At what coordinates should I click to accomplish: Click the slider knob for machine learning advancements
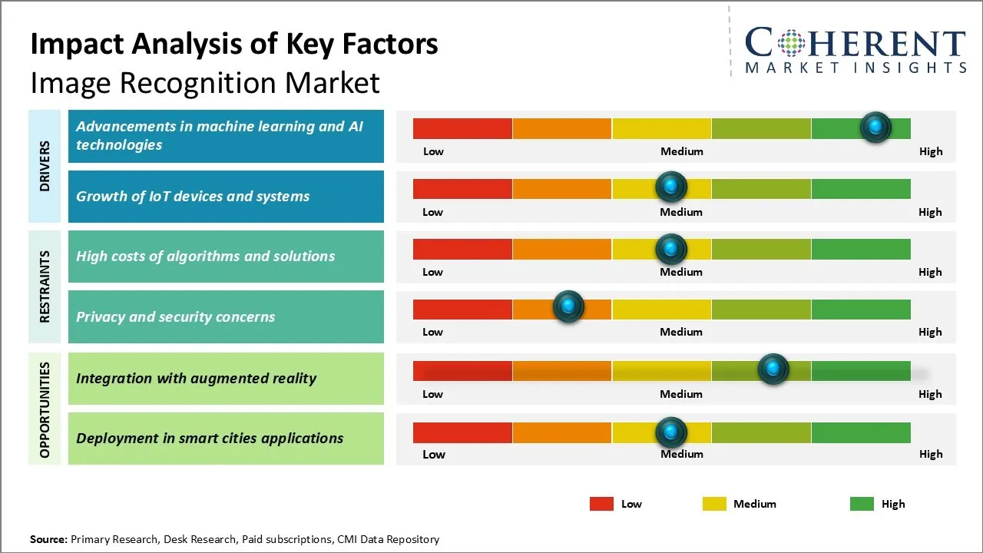point(875,127)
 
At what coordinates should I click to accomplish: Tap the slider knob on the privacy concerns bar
point(568,307)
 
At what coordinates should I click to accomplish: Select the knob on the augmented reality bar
point(773,369)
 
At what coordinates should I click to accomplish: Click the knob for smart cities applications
point(671,432)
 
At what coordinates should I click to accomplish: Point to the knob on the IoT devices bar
point(671,187)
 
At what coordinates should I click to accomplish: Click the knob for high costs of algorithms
point(671,249)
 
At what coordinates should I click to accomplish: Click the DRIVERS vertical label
point(45,166)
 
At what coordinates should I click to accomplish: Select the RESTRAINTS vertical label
point(45,286)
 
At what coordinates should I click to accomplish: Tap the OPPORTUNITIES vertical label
point(45,409)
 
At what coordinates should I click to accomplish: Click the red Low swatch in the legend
point(601,504)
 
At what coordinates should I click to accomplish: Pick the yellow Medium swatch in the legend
point(714,504)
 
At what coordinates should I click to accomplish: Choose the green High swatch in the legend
point(862,504)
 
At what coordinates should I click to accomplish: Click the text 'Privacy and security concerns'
point(175,316)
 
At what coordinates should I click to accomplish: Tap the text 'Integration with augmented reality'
point(196,378)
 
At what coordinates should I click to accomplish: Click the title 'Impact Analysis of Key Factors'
point(234,45)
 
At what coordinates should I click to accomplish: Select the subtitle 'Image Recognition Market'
point(205,83)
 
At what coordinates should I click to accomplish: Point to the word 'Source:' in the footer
point(48,539)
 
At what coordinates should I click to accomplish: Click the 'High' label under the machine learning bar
point(930,151)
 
